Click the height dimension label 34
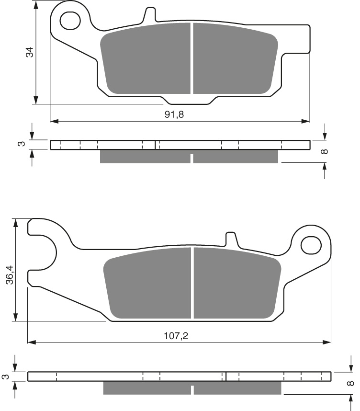[x=30, y=52]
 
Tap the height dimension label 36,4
[x=9, y=275]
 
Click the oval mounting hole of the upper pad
[x=70, y=21]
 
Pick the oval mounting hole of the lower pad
[x=311, y=245]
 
